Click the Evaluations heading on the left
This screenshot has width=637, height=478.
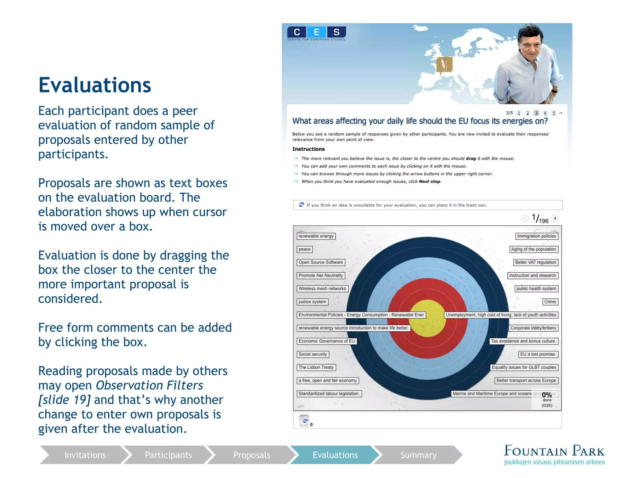coord(95,85)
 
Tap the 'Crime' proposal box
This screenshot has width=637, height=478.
coord(550,302)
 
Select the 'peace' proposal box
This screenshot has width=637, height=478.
coord(305,249)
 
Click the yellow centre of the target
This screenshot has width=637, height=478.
coord(428,318)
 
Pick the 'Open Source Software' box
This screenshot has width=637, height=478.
coord(321,262)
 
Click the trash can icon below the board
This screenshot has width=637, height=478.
coord(304,420)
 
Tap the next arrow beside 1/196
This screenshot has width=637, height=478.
coord(555,218)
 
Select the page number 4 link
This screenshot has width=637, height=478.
coord(545,113)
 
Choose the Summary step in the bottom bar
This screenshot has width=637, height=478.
coord(418,455)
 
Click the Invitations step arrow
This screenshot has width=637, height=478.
coord(85,455)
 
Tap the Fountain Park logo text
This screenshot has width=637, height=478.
coord(554,451)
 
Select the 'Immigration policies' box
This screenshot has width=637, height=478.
coord(536,236)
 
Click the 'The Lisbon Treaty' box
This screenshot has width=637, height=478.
coord(316,367)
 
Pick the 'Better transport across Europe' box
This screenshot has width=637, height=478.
coord(526,380)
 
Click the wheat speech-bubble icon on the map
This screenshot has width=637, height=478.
coord(444,65)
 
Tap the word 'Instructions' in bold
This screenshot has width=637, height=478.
coord(308,149)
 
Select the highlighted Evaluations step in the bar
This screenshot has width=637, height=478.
coord(335,455)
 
